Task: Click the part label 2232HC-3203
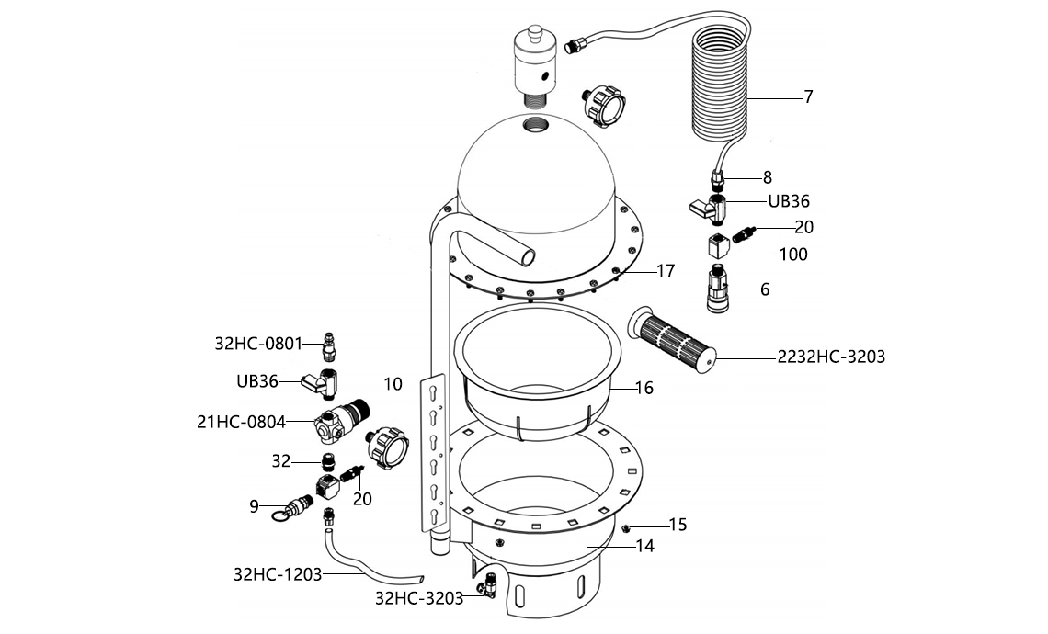tap(831, 357)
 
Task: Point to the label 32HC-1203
tap(277, 575)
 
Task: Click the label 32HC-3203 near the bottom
tap(419, 597)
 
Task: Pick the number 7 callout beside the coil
tap(808, 96)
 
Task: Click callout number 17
tap(666, 271)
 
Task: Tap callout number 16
tap(644, 388)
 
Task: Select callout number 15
tap(678, 525)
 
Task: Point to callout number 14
tap(645, 545)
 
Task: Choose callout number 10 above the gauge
tap(393, 384)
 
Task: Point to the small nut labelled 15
tap(625, 528)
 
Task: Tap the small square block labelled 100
tap(718, 245)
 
